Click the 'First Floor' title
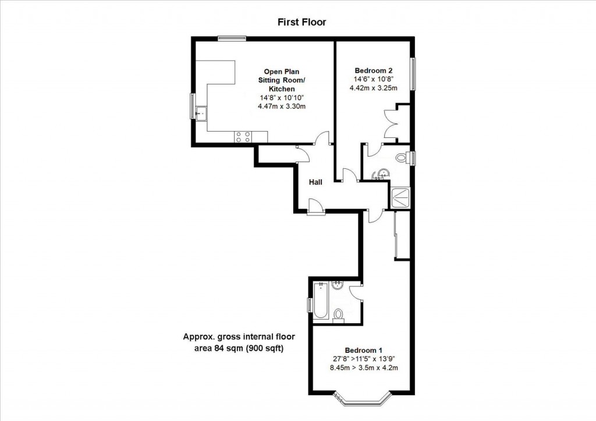coord(300,22)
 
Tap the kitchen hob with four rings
coord(242,137)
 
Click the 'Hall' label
coord(315,182)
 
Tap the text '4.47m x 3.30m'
coord(282,107)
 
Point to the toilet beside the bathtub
coord(339,314)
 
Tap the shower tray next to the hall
coord(400,197)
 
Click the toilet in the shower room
coord(401,157)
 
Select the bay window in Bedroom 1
coord(363,401)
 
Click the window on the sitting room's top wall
coord(231,39)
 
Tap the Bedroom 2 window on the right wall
coord(413,74)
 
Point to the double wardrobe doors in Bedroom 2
coord(390,125)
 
